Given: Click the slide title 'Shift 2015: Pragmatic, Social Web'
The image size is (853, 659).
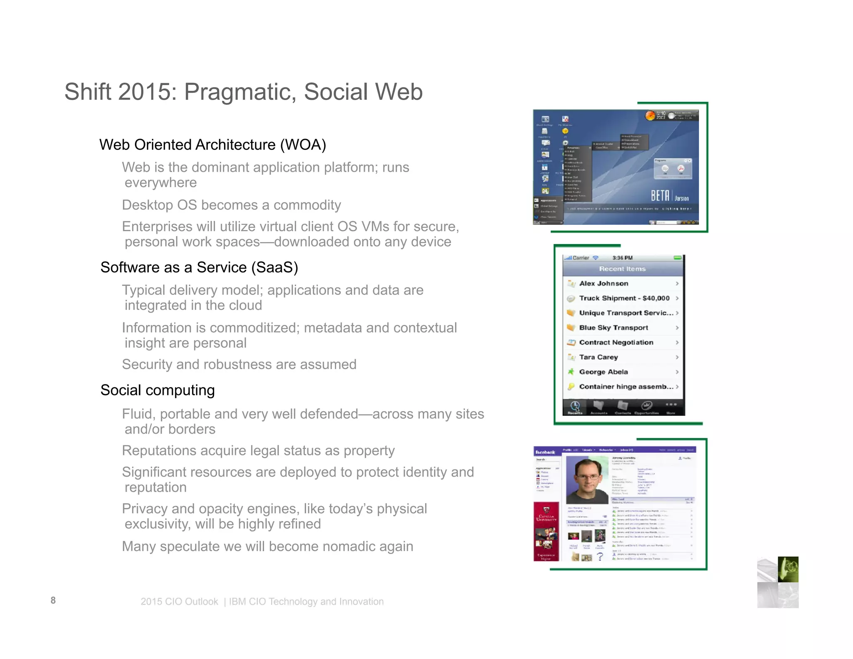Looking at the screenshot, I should click(243, 92).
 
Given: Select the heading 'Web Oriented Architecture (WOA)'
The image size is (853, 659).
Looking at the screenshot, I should click(212, 145).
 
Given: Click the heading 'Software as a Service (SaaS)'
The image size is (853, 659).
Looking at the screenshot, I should click(199, 267).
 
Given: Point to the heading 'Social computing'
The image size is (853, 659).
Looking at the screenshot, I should click(157, 390).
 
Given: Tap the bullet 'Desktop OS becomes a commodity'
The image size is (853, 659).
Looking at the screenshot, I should click(231, 205).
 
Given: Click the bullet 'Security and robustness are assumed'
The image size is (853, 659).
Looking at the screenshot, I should click(239, 364).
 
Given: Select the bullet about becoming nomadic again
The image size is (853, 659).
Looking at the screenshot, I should click(267, 546).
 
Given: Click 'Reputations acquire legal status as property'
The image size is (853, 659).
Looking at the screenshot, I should click(258, 451).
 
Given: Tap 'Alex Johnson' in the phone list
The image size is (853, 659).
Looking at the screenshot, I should click(604, 284).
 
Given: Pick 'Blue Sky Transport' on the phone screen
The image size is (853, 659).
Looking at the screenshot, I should click(613, 328).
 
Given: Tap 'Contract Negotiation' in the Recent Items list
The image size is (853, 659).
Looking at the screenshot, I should click(616, 342).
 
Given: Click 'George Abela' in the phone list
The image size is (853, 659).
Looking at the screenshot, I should click(603, 372).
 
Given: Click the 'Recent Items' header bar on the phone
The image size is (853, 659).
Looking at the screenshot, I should click(622, 269).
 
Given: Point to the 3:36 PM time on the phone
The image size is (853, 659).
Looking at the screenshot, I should click(622, 258).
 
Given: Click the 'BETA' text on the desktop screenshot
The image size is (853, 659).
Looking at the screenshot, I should click(660, 195).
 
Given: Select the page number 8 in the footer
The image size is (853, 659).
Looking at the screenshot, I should click(53, 600).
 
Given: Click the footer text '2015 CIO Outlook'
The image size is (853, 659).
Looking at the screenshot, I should click(179, 602).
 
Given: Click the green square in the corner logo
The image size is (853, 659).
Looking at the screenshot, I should click(788, 569).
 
